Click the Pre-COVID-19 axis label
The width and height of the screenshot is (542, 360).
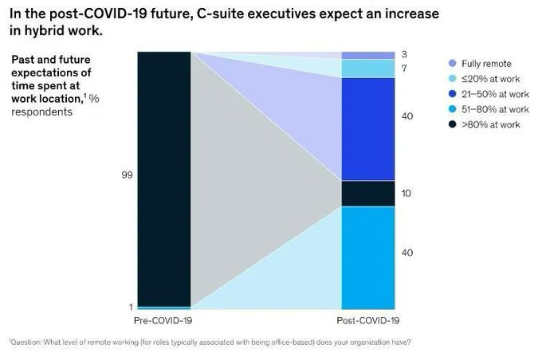(165, 320)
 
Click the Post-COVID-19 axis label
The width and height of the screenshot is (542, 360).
(368, 320)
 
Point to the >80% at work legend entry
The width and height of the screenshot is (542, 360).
(489, 124)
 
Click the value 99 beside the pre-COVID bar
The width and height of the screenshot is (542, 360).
(127, 173)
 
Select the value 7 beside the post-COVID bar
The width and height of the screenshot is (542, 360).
(405, 68)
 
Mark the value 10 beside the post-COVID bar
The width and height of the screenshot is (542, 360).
(406, 194)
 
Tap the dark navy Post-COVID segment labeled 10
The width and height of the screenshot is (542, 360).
(368, 194)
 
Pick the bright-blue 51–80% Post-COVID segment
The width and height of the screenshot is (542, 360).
(368, 257)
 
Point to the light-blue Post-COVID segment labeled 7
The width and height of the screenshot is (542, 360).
(368, 68)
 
